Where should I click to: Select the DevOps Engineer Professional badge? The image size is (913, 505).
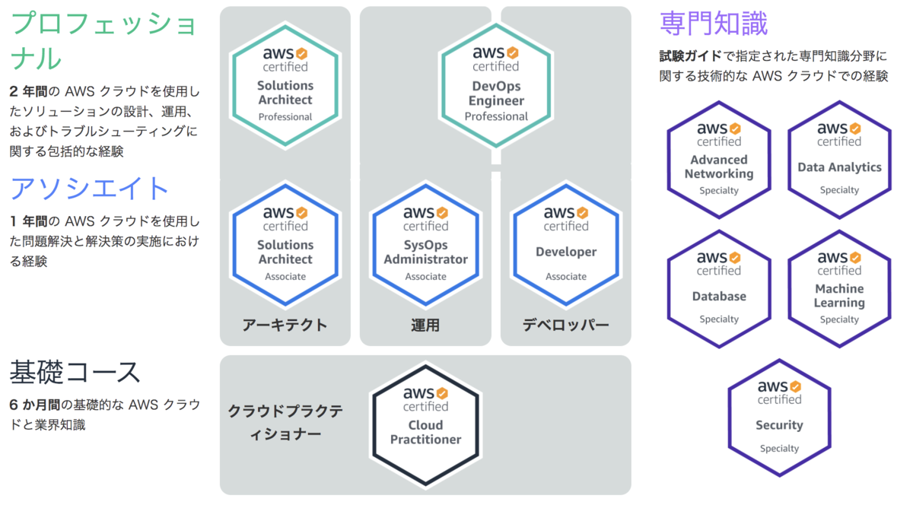coord(496,84)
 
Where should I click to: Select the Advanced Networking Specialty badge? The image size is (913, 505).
coord(719,160)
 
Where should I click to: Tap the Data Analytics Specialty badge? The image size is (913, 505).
coord(840,160)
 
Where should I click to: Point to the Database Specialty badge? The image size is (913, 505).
coord(719,289)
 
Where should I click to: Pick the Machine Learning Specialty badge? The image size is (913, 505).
coord(840,289)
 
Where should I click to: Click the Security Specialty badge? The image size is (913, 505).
coord(779,418)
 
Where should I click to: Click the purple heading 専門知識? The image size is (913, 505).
coord(714,24)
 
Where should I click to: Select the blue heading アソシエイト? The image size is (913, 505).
coord(89,189)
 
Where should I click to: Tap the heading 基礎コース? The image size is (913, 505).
coord(75,372)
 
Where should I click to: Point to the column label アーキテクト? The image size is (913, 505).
coord(285,326)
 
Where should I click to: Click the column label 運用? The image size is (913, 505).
coord(425,326)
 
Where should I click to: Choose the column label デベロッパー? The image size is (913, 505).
coord(566,326)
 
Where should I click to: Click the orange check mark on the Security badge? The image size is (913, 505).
coord(796,386)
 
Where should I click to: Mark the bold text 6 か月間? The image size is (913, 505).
coord(35,405)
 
